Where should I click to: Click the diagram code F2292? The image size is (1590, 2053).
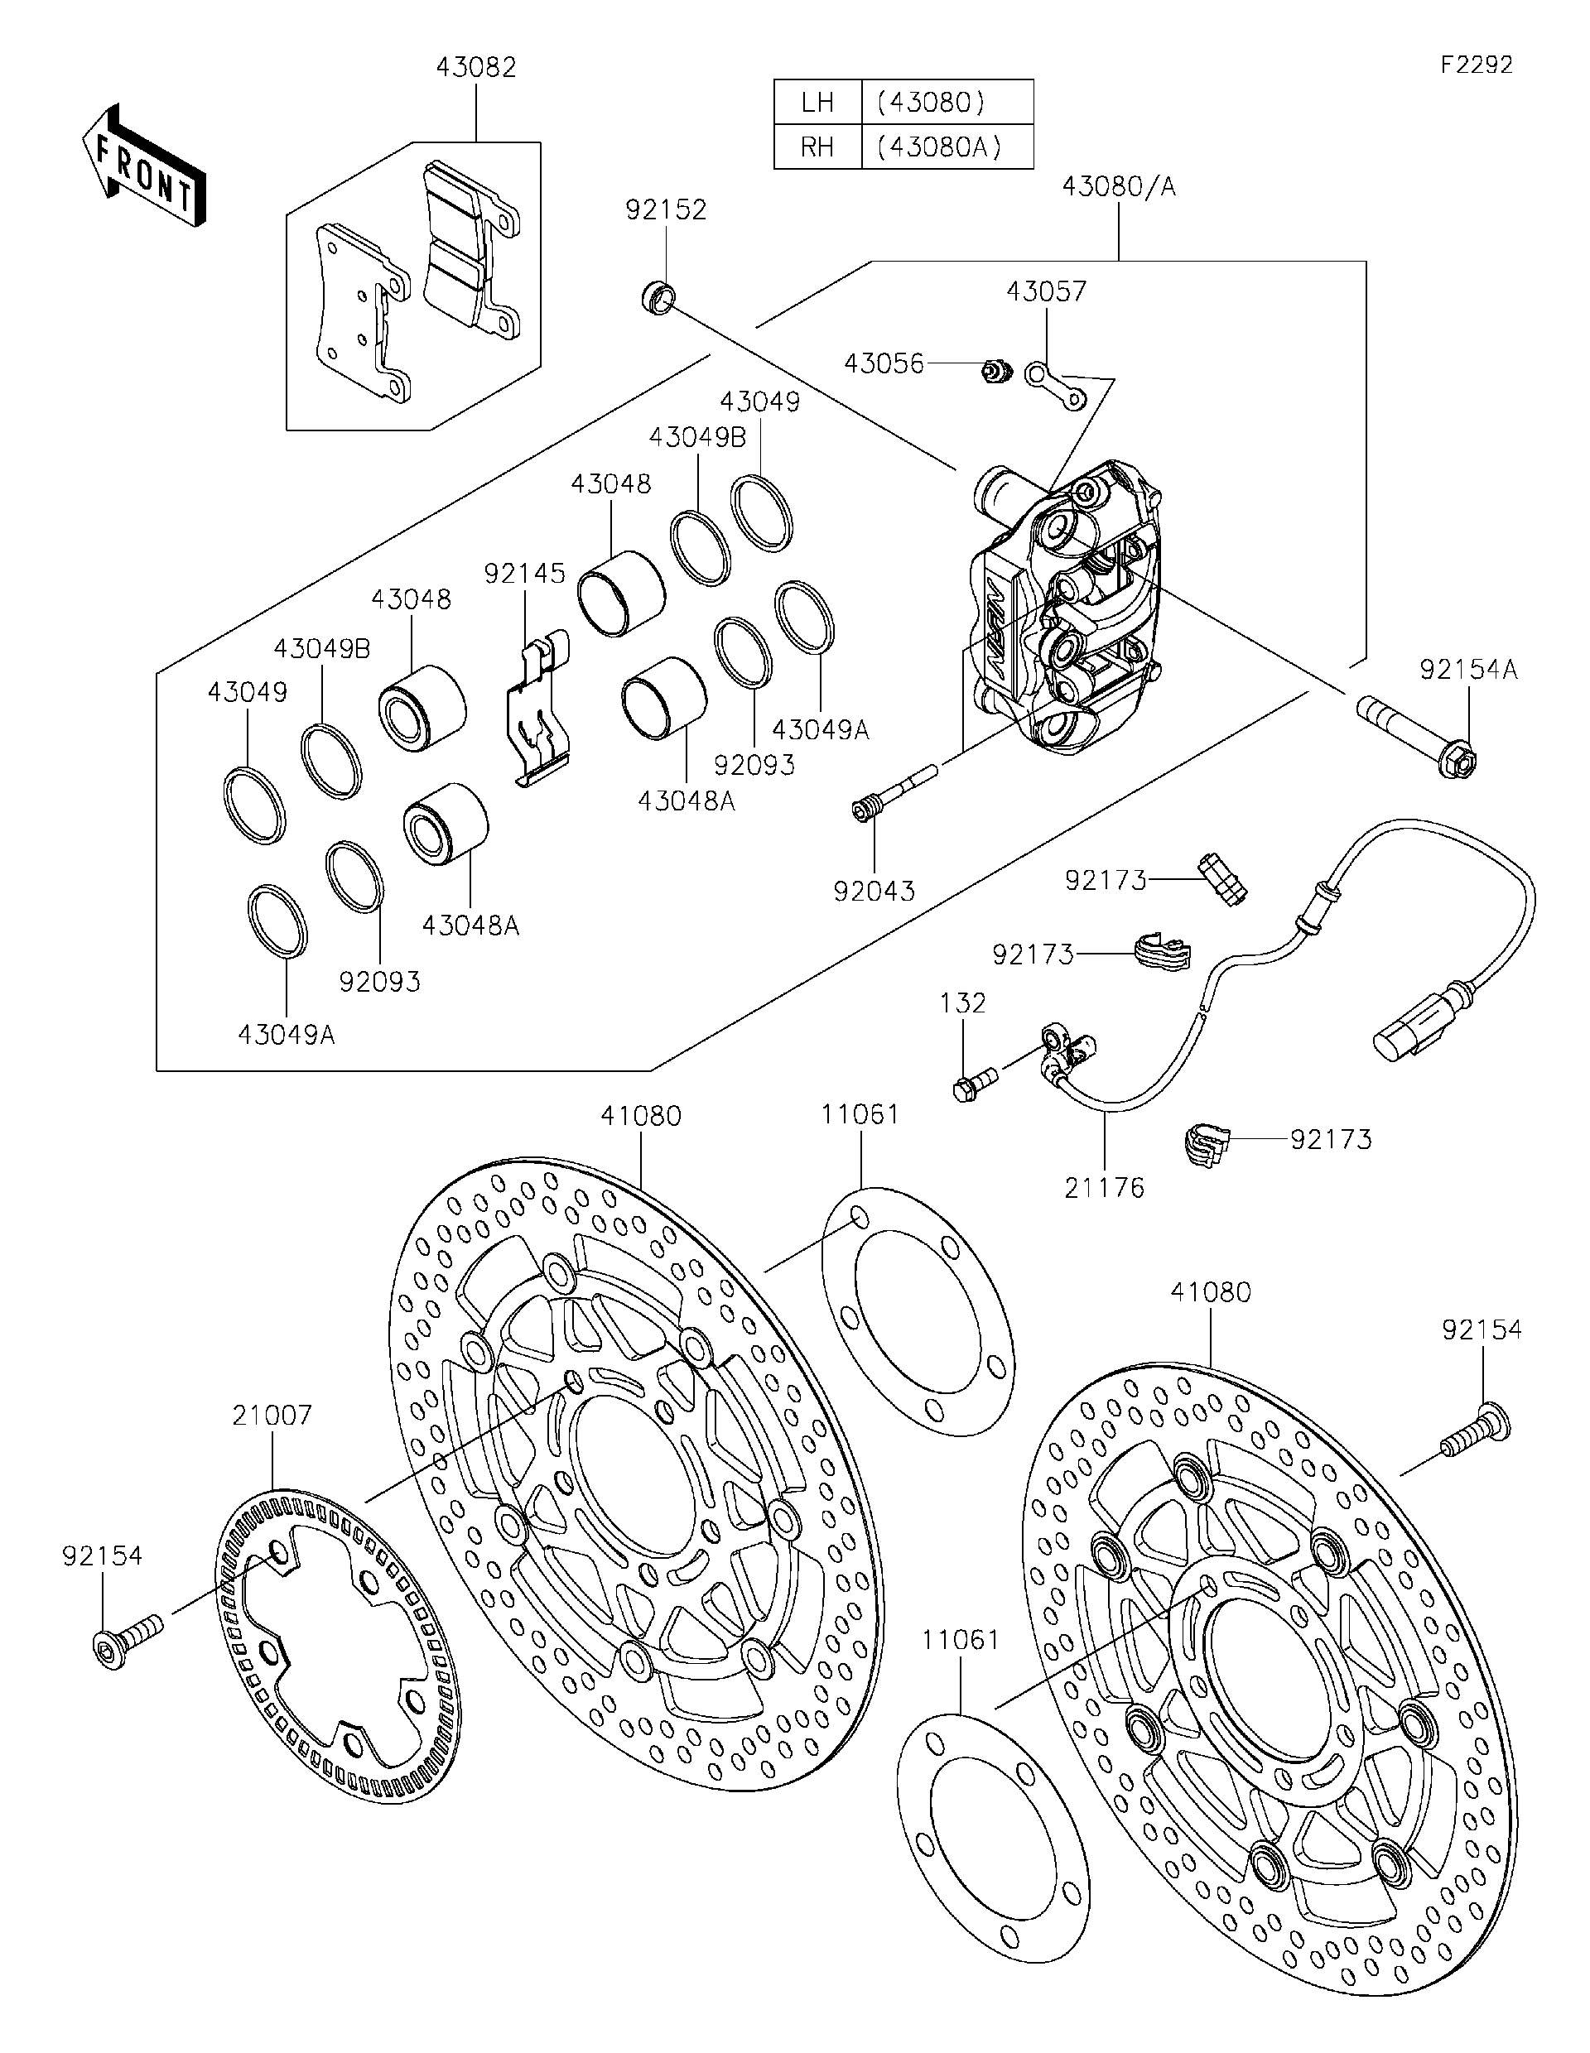tap(1477, 65)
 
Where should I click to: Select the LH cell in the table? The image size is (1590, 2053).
tap(817, 103)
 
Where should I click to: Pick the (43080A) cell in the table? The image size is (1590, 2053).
tap(947, 147)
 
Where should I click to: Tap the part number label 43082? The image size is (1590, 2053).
tap(476, 69)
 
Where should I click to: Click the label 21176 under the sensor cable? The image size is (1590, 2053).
tap(1104, 1188)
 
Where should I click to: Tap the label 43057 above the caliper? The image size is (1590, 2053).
tap(1046, 292)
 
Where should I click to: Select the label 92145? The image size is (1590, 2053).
tap(525, 574)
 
